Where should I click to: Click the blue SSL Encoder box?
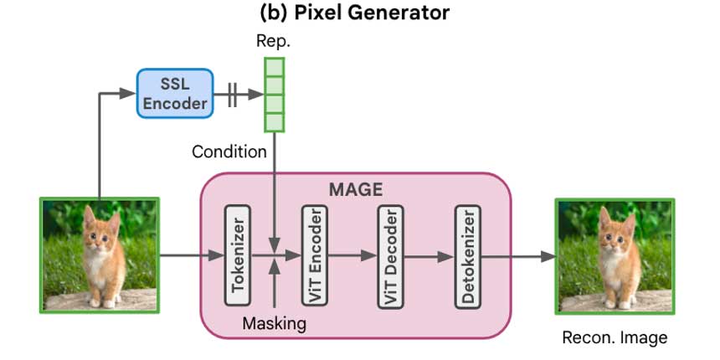pos(172,92)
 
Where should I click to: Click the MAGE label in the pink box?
pos(355,189)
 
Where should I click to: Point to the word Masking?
pos(275,322)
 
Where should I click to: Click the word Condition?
pos(229,152)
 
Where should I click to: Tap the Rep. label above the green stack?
pos(274,40)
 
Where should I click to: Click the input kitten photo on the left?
pos(100,255)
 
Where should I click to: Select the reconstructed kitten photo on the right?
pos(614,255)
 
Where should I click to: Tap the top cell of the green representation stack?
pos(274,66)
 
